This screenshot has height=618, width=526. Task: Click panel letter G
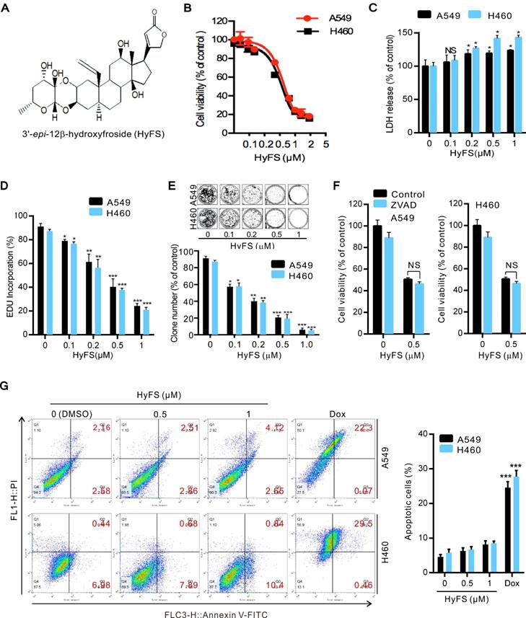pos(7,386)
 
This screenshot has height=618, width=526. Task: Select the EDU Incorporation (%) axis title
pos(9,262)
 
